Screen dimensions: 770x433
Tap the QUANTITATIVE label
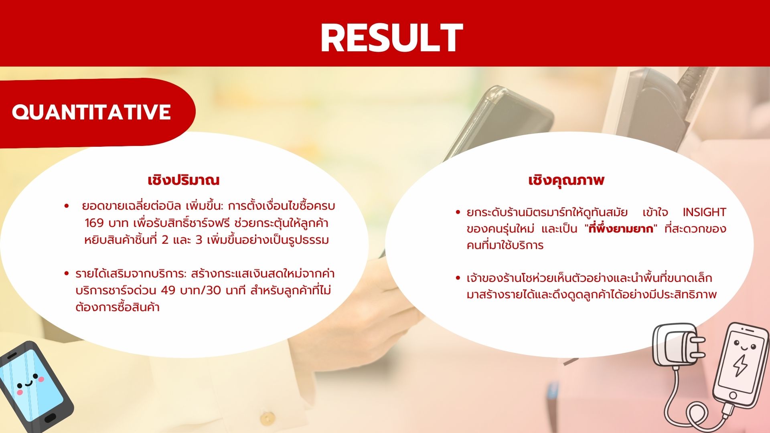click(x=91, y=112)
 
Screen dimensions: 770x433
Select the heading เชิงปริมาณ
click(x=184, y=180)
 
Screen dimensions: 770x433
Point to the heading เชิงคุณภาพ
click(x=566, y=180)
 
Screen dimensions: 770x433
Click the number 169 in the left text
click(x=95, y=223)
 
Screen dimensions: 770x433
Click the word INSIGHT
click(x=704, y=212)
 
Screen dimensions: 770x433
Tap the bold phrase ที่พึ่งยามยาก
click(x=621, y=229)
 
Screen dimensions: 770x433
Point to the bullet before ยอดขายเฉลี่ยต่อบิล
click(x=67, y=206)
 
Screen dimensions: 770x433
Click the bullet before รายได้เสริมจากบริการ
click(x=67, y=274)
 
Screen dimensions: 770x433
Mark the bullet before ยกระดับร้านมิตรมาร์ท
click(x=458, y=212)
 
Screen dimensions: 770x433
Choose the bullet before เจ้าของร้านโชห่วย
click(x=458, y=278)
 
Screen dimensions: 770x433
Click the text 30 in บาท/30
click(x=213, y=290)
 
